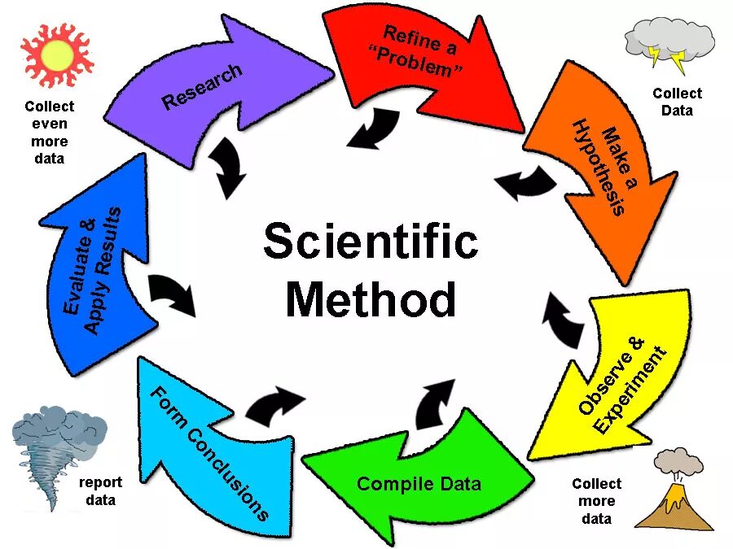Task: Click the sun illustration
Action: [x=56, y=55]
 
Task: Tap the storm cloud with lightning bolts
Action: [x=669, y=44]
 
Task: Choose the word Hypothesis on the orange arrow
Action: [x=598, y=168]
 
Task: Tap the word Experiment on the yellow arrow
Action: [x=630, y=391]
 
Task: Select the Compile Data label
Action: [x=419, y=484]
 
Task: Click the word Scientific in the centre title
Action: [x=371, y=242]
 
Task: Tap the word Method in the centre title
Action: [x=371, y=298]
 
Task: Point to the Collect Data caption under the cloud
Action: [x=677, y=102]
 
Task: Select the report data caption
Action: [x=101, y=491]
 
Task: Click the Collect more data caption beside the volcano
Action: [x=596, y=501]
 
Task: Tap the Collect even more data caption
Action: [x=49, y=132]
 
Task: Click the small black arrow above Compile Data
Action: [x=436, y=402]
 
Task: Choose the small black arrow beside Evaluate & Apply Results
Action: [x=173, y=294]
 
